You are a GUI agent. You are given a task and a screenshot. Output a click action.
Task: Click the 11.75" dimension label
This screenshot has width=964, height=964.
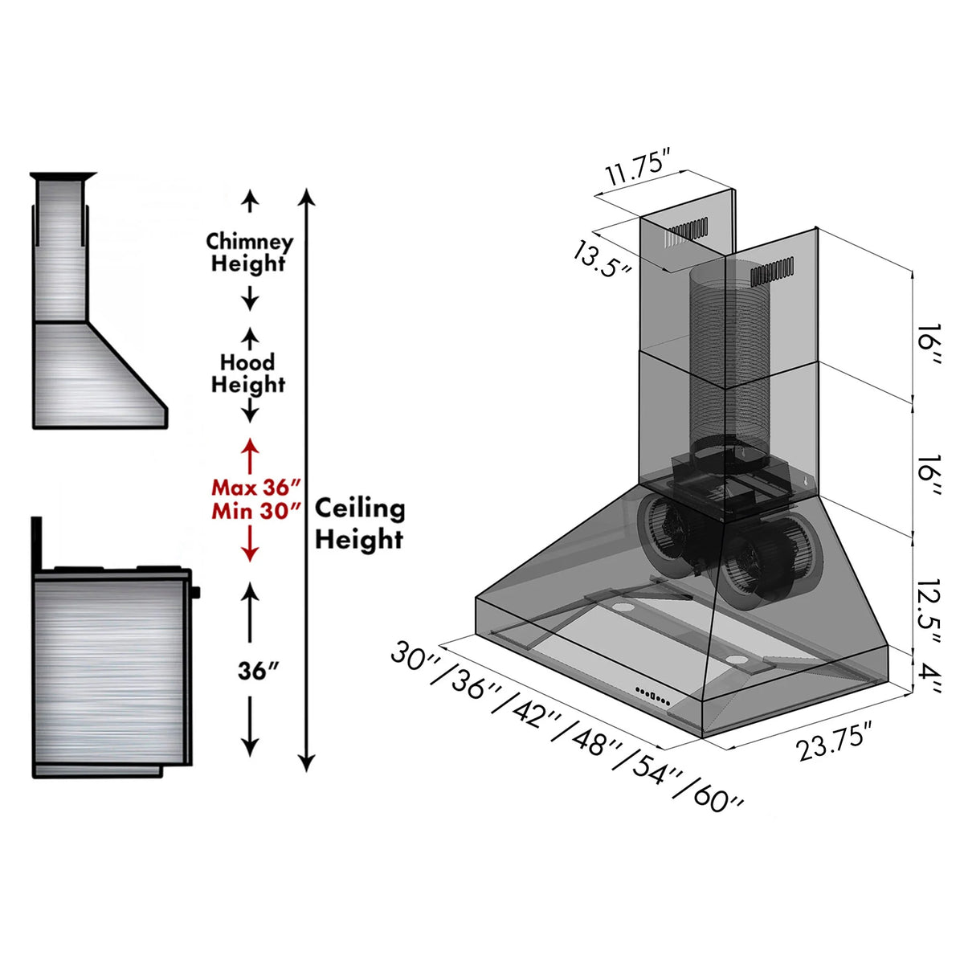(x=637, y=170)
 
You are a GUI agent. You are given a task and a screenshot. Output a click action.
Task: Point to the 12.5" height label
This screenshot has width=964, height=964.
(x=930, y=608)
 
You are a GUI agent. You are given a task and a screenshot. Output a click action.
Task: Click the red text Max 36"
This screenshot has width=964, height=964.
(x=255, y=488)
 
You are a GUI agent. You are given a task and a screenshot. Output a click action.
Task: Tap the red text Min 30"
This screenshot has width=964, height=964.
(x=255, y=511)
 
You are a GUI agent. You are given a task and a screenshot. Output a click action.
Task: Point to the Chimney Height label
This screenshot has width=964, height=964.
(x=249, y=252)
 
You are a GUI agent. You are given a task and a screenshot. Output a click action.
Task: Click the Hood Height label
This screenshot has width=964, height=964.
(x=249, y=374)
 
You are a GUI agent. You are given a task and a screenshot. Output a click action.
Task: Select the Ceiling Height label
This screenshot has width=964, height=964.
(x=359, y=524)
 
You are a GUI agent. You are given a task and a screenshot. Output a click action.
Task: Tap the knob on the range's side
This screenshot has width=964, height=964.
(x=196, y=593)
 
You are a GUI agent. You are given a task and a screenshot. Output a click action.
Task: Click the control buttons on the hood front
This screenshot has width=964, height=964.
(x=653, y=696)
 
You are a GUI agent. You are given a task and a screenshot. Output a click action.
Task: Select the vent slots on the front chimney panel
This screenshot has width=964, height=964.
(x=771, y=273)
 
